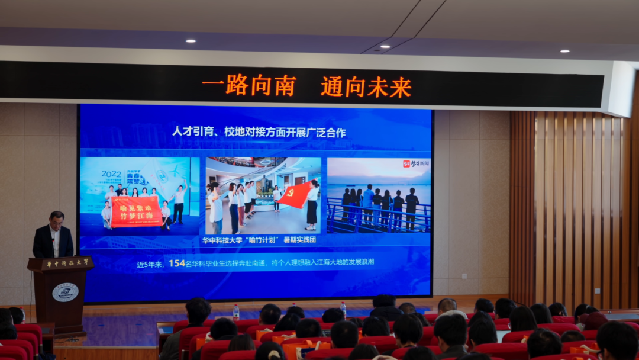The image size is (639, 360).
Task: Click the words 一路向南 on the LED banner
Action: pos(248,86)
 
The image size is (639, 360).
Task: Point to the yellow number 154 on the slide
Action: pos(177,263)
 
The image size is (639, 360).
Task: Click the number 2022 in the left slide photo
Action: pos(111,174)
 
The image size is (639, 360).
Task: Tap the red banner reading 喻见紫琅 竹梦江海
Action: pos(136,211)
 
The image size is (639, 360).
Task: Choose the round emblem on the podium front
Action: pos(64,292)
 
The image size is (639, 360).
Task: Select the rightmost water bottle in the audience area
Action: pos(343,309)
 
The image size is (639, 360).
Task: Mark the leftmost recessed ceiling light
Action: pos(190,41)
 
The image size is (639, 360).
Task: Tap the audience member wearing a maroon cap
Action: pos(593,320)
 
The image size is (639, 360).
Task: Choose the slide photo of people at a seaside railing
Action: pos(379,195)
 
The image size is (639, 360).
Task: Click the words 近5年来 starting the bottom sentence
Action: pos(150,264)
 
